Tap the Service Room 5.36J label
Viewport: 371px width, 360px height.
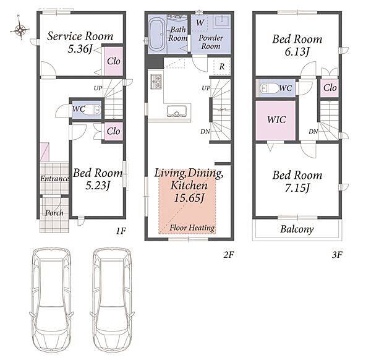pyautogui.click(x=80, y=42)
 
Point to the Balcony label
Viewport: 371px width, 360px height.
pyautogui.click(x=297, y=229)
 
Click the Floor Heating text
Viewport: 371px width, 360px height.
pyautogui.click(x=192, y=228)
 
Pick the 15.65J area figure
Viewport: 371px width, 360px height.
pyautogui.click(x=189, y=198)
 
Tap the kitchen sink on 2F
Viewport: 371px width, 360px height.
pyautogui.click(x=177, y=111)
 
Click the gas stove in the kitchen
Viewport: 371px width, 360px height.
pyautogui.click(x=156, y=82)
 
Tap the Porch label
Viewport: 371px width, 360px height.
pyautogui.click(x=54, y=213)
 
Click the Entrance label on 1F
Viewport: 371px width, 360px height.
pyautogui.click(x=54, y=179)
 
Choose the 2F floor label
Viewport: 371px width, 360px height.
pyautogui.click(x=229, y=255)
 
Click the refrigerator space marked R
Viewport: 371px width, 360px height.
pyautogui.click(x=222, y=67)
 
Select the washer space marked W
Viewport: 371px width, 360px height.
pyautogui.click(x=200, y=23)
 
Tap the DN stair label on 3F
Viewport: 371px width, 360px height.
pyautogui.click(x=313, y=132)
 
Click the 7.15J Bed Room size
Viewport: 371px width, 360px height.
pyautogui.click(x=297, y=188)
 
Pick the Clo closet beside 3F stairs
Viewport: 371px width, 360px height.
pyautogui.click(x=330, y=88)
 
